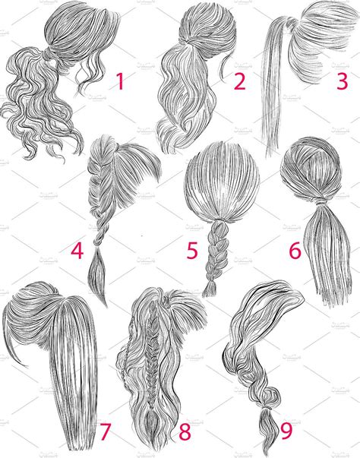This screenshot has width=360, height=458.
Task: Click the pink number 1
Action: (x=119, y=81)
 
